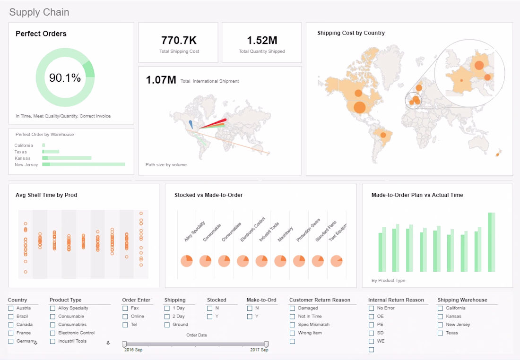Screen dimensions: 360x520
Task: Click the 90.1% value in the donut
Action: pyautogui.click(x=65, y=78)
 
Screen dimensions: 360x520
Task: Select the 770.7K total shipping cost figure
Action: pyautogui.click(x=179, y=41)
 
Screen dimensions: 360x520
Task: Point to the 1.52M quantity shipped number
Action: pyautogui.click(x=262, y=41)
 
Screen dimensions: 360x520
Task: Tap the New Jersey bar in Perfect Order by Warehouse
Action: pyautogui.click(x=84, y=164)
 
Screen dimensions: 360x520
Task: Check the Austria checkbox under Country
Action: pyautogui.click(x=11, y=308)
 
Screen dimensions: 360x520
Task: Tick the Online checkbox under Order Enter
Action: pyautogui.click(x=125, y=317)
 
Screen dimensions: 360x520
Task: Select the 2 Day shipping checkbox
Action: pyautogui.click(x=167, y=317)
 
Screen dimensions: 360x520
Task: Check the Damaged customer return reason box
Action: pyautogui.click(x=293, y=308)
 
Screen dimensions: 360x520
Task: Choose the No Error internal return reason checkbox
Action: pyautogui.click(x=372, y=308)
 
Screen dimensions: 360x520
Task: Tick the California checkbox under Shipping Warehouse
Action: pyautogui.click(x=441, y=308)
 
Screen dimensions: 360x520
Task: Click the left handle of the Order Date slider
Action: pyautogui.click(x=124, y=344)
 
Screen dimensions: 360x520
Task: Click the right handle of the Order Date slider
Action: pyautogui.click(x=267, y=344)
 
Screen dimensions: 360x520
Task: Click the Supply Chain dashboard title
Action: pyautogui.click(x=39, y=12)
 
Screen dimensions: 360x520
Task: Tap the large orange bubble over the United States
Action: pyautogui.click(x=360, y=107)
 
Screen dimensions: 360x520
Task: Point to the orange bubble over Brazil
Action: pyautogui.click(x=383, y=135)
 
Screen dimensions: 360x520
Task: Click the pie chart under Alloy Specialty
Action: pyautogui.click(x=187, y=260)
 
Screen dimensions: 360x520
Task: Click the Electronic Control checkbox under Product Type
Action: pyautogui.click(x=53, y=333)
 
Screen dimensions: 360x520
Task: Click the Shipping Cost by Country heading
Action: pyautogui.click(x=351, y=33)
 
